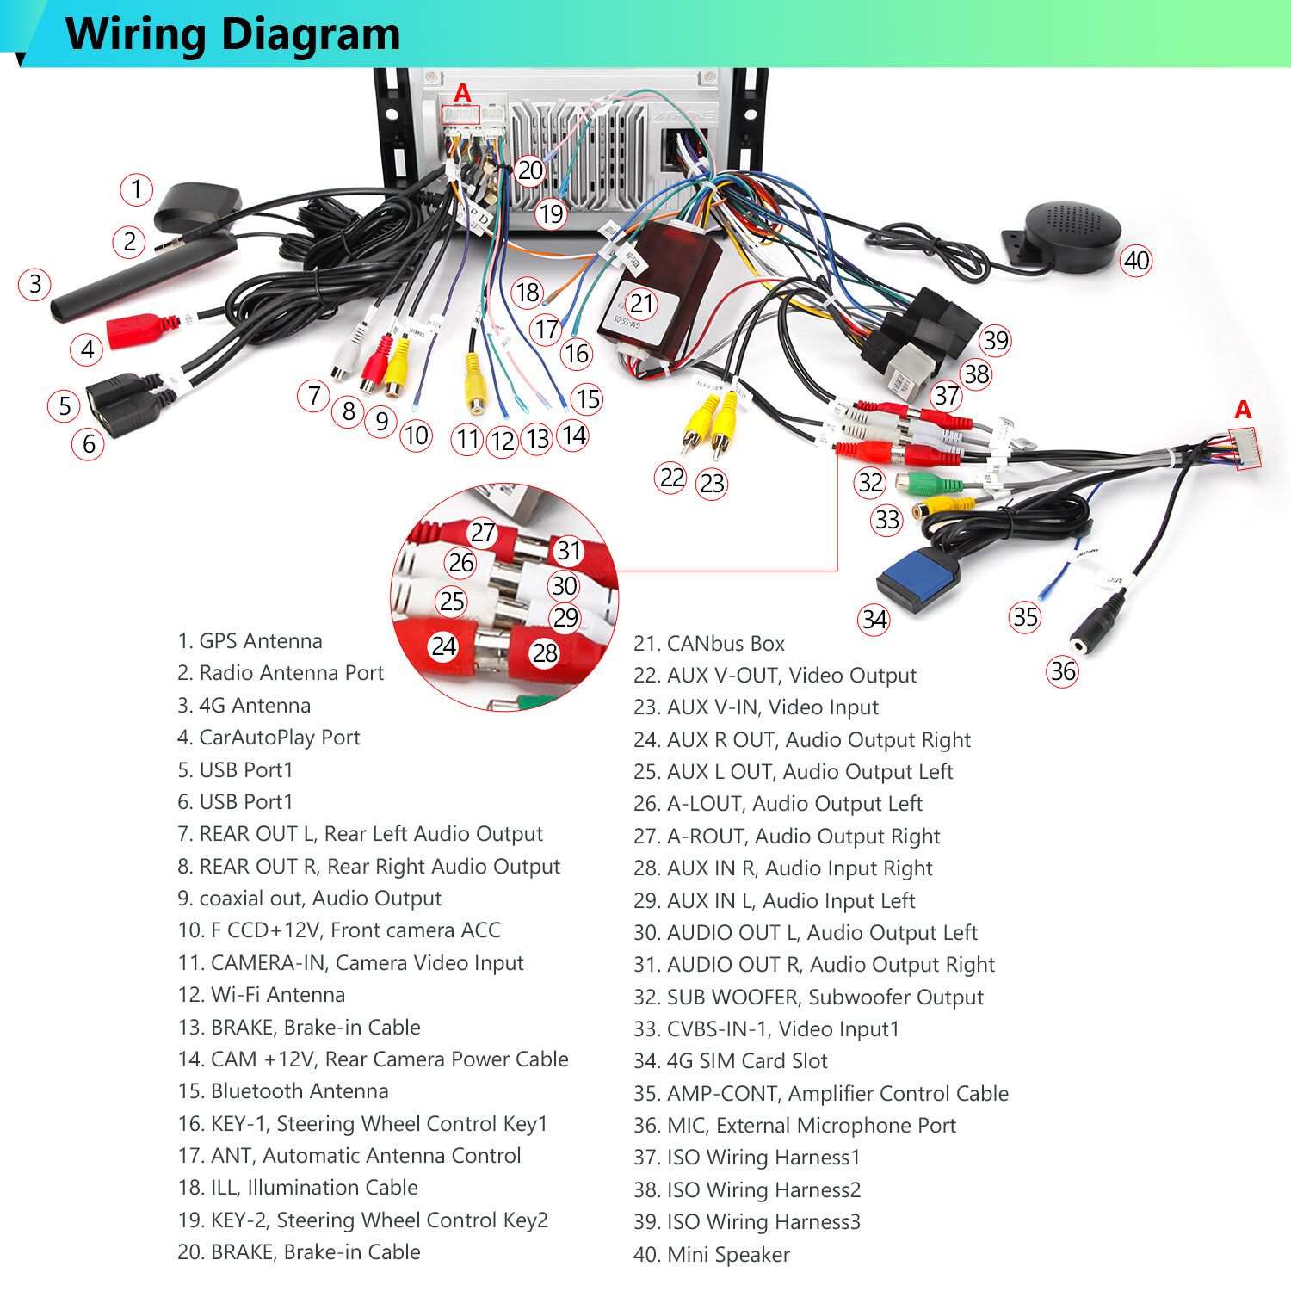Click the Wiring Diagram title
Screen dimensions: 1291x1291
[x=232, y=34]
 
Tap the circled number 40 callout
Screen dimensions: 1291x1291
[x=1137, y=260]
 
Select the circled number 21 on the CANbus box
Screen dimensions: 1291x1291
[x=641, y=304]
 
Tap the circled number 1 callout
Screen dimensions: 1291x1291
[x=136, y=188]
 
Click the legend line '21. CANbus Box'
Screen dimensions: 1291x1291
[x=709, y=644]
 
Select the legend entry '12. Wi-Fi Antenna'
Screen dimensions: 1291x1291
[x=262, y=995]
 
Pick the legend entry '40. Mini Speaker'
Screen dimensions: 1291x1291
[x=712, y=1255]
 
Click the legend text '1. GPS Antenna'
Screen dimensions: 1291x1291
[x=250, y=641]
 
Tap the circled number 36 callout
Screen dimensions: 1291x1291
[x=1063, y=670]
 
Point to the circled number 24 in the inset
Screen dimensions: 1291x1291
[x=444, y=645]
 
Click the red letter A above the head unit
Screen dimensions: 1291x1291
[x=463, y=92]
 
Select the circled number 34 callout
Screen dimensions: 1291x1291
[x=874, y=619]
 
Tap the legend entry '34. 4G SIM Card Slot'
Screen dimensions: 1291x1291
[x=731, y=1061]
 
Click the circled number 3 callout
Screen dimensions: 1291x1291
[x=35, y=284]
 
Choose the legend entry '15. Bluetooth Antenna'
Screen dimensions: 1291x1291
[x=283, y=1091]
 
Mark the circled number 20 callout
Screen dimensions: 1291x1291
[x=530, y=170]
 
